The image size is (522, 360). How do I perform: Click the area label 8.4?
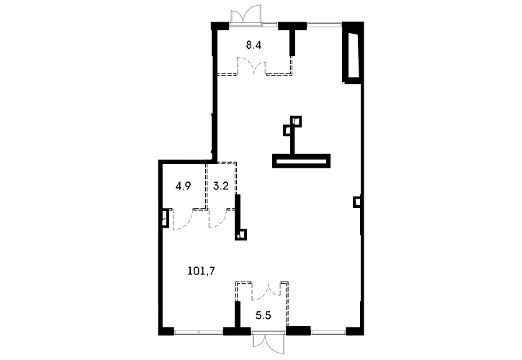point(253,45)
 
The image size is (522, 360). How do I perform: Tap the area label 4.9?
point(183,186)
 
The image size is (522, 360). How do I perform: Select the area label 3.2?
point(221,186)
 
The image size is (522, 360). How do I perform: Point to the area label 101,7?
point(201,271)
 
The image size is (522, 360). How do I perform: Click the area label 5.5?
point(263,315)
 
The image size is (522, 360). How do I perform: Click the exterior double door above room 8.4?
point(246,14)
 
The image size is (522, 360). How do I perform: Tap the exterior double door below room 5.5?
point(269,343)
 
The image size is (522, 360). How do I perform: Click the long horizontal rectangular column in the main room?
point(301,161)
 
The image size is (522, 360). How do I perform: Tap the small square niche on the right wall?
point(357,202)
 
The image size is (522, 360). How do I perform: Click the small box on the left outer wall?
point(164,218)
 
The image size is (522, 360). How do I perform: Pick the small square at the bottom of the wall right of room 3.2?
point(241,235)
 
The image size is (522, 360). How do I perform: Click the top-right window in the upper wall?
point(324,24)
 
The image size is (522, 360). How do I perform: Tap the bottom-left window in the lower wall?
point(199,332)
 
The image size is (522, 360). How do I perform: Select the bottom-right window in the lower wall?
point(328,332)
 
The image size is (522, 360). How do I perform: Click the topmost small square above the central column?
point(296,121)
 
